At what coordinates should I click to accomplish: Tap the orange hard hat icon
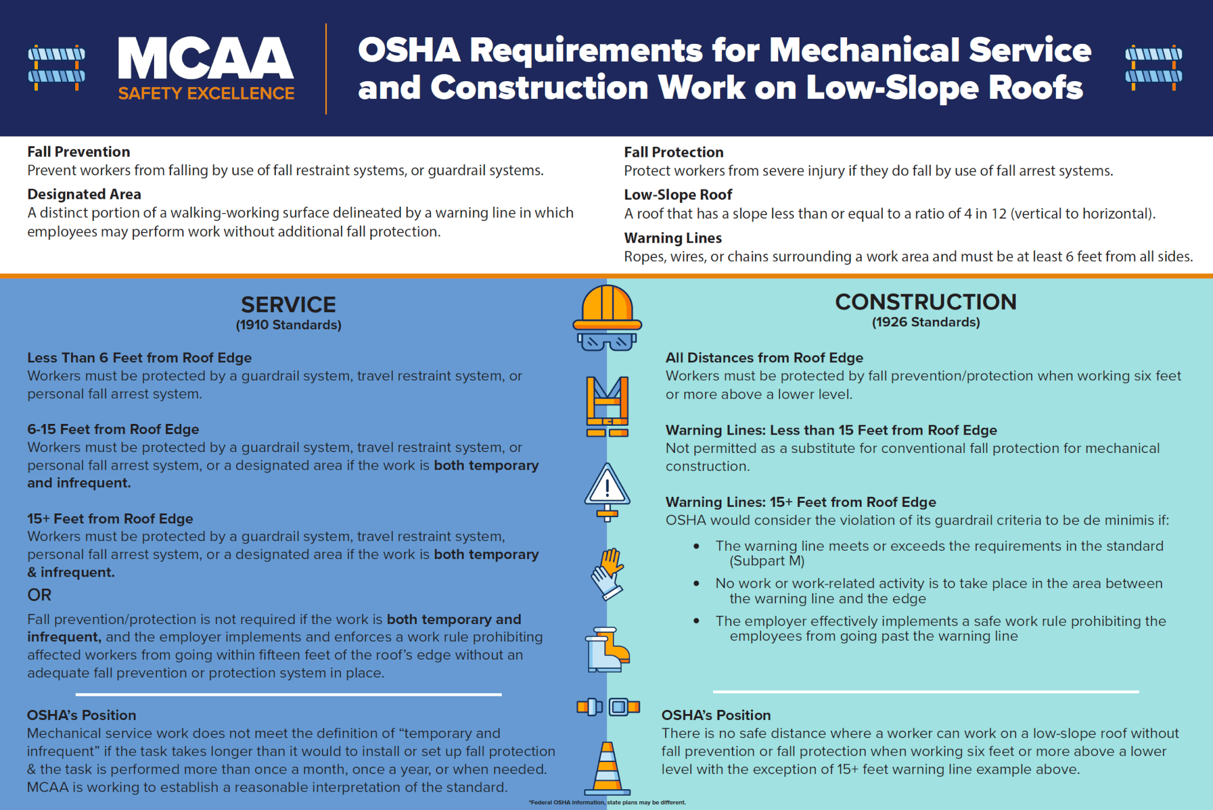coord(607,308)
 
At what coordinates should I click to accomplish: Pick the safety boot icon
coord(607,650)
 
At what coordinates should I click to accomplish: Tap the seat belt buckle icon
coord(608,706)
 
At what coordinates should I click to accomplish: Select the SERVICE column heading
coord(288,305)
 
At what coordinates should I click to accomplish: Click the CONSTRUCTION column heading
coord(926,302)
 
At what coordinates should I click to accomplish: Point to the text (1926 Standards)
coord(926,322)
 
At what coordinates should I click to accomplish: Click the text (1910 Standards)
coord(288,325)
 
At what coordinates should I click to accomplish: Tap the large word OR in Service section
coord(39,594)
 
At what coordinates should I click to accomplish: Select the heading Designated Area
coord(84,194)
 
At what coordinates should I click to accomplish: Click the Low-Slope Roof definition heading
coord(678,195)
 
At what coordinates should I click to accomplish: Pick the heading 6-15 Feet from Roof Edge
coord(113,429)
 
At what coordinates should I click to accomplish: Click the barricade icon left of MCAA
coord(56,67)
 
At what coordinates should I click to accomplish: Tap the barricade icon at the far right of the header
coord(1153,67)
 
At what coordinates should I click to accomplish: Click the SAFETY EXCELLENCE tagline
coord(206,94)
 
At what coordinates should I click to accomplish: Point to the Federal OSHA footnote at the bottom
coord(607,803)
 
